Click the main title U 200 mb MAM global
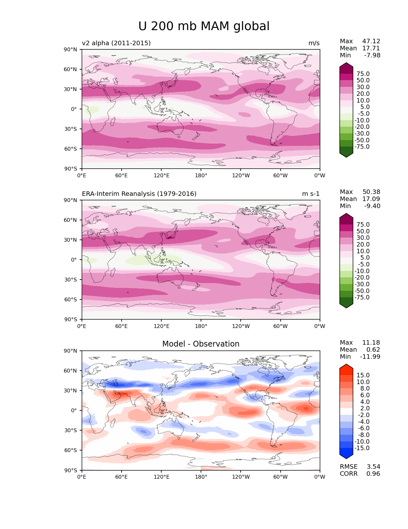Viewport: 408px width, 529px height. [204, 26]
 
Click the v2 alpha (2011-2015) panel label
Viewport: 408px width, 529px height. [116, 43]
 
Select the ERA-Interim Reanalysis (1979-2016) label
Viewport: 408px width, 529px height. [139, 194]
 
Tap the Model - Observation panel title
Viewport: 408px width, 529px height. [201, 344]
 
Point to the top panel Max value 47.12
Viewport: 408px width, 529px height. [371, 41]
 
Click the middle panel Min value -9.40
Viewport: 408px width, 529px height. [372, 206]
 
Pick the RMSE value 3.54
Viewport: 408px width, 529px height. [373, 466]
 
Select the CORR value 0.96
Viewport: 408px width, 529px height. [373, 474]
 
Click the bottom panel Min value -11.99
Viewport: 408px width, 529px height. [370, 357]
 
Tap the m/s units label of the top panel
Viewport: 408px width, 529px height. [314, 43]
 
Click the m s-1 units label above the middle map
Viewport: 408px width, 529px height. [311, 194]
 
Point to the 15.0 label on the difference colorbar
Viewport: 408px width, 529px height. [363, 375]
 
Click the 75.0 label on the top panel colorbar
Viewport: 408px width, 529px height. [363, 74]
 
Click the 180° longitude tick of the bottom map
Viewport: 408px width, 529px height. [201, 477]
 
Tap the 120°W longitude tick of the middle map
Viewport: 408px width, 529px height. [241, 326]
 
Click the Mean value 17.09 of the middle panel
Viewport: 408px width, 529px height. [371, 199]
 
